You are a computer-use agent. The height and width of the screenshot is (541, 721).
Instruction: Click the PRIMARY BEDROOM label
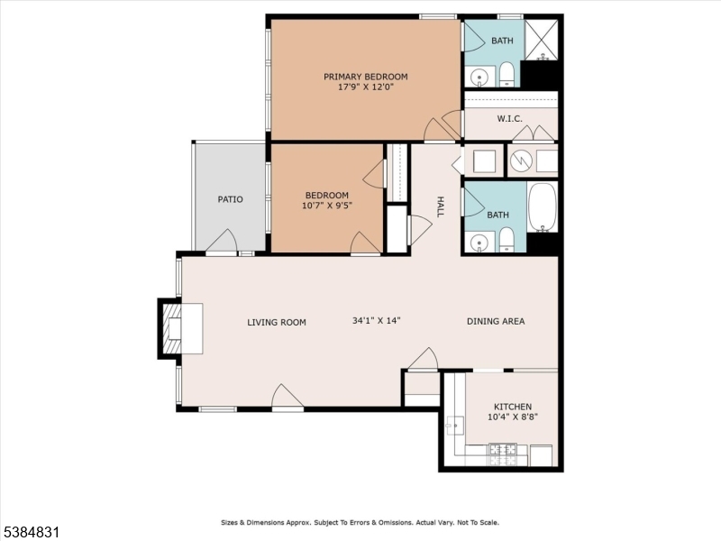tap(366, 77)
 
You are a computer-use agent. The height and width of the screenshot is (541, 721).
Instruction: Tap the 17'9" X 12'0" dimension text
tap(366, 87)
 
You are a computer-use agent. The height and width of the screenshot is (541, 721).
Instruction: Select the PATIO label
tap(230, 199)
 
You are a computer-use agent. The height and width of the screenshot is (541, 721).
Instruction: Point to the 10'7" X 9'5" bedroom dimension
tap(326, 206)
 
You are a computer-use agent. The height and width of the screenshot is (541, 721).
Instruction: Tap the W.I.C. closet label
tap(510, 118)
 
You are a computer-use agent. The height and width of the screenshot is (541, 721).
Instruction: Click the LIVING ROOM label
tap(277, 322)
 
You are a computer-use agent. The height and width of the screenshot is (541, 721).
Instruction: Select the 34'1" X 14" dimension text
tap(376, 321)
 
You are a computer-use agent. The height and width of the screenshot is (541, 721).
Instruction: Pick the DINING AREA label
tap(495, 322)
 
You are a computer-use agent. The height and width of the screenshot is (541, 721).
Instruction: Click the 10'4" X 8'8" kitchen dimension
tap(512, 417)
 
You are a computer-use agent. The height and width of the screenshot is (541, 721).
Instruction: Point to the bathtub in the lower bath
tap(543, 206)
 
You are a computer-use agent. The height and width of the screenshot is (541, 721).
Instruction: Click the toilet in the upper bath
tap(507, 73)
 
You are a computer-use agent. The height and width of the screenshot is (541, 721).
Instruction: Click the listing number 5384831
tap(31, 533)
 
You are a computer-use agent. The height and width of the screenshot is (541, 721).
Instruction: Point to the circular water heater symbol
tap(521, 161)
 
